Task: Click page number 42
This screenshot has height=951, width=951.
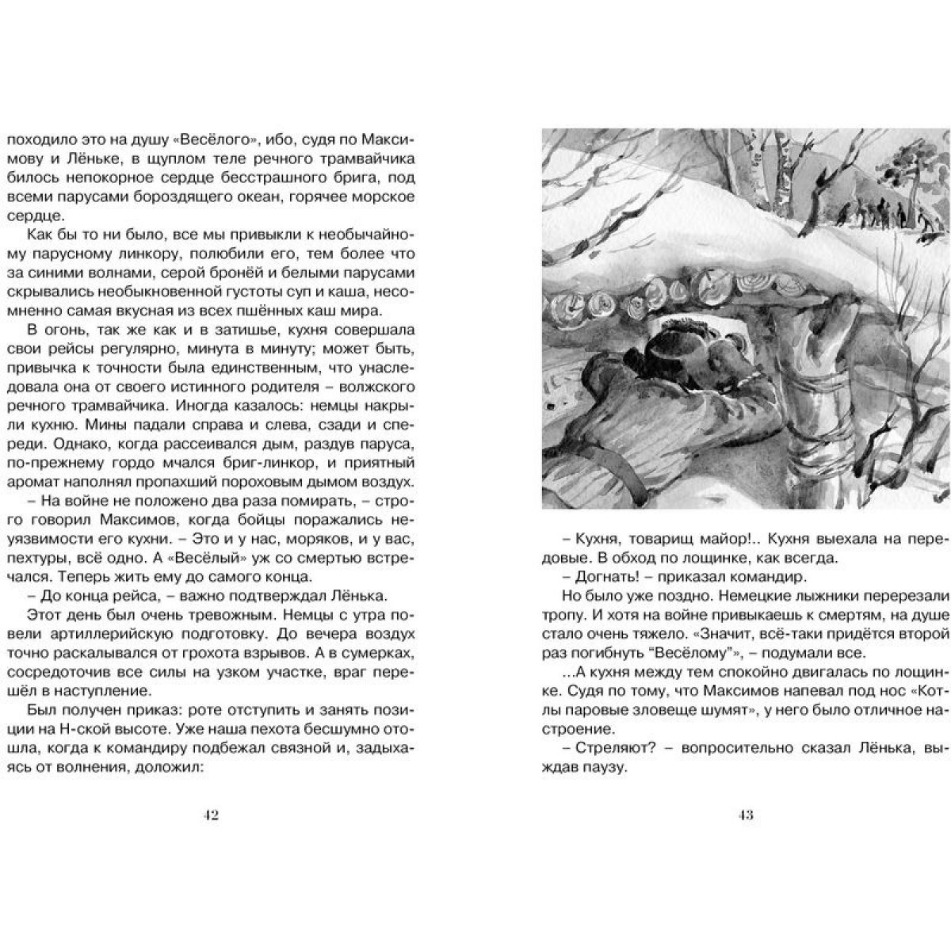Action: pos(210,815)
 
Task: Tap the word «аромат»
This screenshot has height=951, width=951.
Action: pos(32,482)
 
